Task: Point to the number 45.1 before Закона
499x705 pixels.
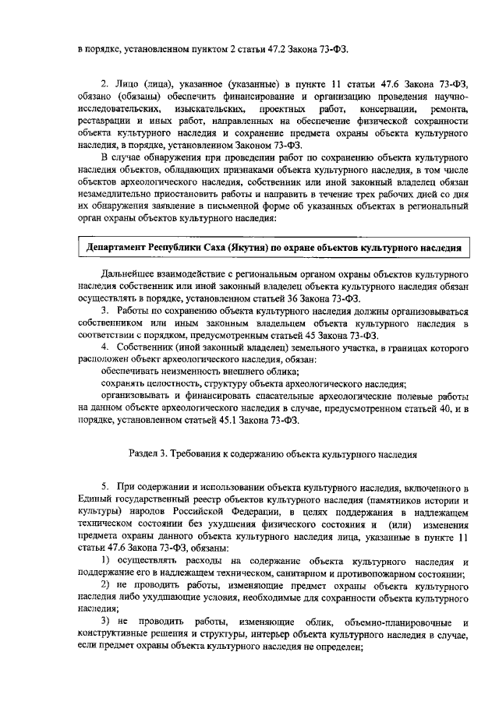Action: click(277, 419)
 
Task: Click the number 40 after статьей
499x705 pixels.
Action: click(438, 408)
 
